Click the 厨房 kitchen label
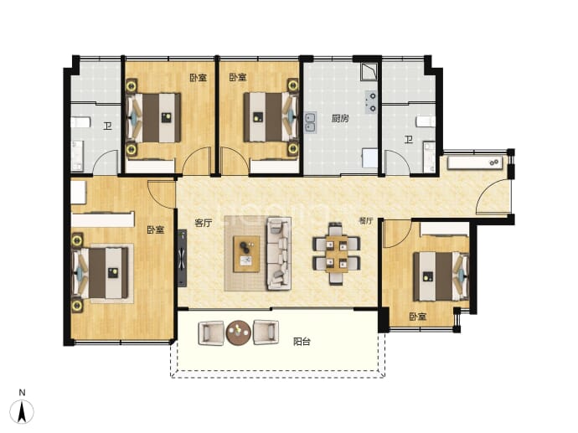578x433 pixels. [340, 118]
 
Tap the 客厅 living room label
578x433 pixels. [203, 223]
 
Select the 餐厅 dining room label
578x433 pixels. [366, 221]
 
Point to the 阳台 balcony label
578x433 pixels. [302, 342]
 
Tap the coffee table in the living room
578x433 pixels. [246, 255]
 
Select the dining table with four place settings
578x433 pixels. [337, 254]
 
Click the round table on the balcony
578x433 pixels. [239, 332]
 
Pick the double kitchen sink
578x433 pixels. [310, 122]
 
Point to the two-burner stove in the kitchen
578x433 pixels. [371, 102]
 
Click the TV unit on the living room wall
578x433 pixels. [182, 258]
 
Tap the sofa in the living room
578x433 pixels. [279, 254]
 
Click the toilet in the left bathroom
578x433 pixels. [80, 122]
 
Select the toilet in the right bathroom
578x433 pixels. [426, 121]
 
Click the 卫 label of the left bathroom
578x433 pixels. [107, 126]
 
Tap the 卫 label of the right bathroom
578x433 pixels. [409, 140]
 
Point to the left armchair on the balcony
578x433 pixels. [211, 332]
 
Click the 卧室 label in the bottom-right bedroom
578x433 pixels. [418, 317]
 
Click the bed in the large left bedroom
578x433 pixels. [102, 273]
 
